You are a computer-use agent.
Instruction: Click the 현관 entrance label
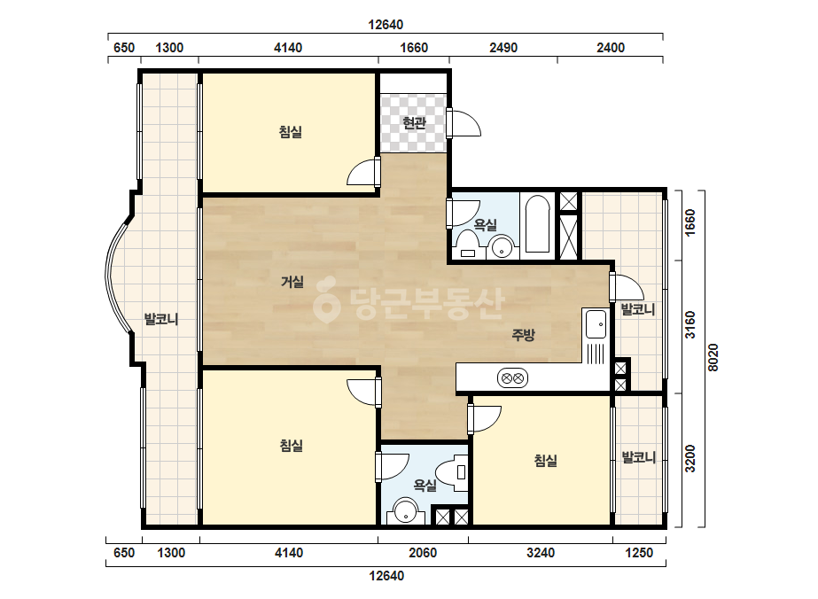(x=414, y=123)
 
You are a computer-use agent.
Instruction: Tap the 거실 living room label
(x=292, y=282)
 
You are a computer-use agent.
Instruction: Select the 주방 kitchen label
(x=523, y=334)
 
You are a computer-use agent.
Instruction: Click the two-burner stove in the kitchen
(x=512, y=377)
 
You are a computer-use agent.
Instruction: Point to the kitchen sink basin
(x=596, y=324)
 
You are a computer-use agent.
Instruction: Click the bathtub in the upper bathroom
(x=537, y=224)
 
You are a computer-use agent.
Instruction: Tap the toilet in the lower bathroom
(x=452, y=472)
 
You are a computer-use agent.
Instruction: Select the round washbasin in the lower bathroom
(x=405, y=511)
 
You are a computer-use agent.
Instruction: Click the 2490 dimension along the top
(x=503, y=48)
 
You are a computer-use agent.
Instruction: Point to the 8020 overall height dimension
(x=713, y=358)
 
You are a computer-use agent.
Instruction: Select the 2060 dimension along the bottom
(x=423, y=553)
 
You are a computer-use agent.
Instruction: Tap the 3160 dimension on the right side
(x=690, y=324)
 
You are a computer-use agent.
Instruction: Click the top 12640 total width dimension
(x=386, y=25)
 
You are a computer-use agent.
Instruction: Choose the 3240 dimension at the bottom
(x=541, y=553)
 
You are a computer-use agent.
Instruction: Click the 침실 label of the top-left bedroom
(x=291, y=131)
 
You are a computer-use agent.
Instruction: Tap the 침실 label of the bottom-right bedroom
(x=545, y=460)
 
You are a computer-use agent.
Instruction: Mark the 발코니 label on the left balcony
(x=161, y=319)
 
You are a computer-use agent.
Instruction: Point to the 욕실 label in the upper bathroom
(x=485, y=225)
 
